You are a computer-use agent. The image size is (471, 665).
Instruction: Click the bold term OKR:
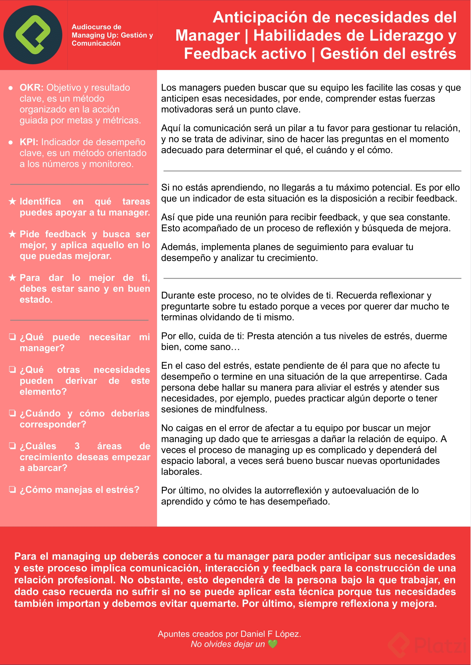coord(31,88)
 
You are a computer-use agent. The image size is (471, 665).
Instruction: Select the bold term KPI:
coord(29,142)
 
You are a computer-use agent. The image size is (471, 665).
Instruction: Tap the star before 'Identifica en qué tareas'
coord(12,201)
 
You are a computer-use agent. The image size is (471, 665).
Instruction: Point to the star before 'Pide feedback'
coord(12,234)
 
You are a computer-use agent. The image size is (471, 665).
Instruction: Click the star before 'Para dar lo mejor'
coord(12,278)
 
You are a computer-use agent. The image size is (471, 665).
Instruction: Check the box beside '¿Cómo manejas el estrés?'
coord(12,490)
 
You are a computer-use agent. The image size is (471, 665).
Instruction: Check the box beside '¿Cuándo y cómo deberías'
coord(12,413)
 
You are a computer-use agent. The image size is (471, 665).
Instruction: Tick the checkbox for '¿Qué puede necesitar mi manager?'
coord(12,337)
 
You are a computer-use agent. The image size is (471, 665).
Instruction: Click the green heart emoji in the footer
coord(273,644)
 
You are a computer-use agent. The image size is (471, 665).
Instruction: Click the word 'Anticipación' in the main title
coord(260,17)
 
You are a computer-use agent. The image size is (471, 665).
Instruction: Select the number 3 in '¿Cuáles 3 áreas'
coord(77,446)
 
